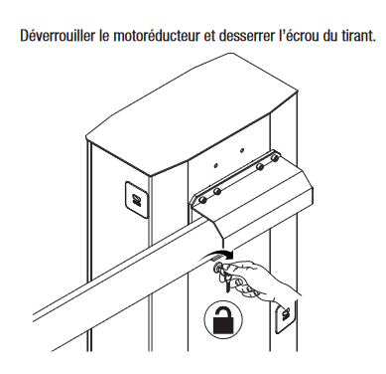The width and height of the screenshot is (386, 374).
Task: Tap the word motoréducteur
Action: click(x=149, y=35)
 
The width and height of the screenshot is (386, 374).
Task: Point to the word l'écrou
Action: click(x=298, y=35)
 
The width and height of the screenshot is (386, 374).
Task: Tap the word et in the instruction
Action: click(x=208, y=35)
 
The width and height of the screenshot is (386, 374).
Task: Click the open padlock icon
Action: click(x=223, y=319)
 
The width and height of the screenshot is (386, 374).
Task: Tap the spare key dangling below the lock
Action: click(x=228, y=282)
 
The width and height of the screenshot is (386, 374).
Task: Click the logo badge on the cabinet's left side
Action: click(x=136, y=199)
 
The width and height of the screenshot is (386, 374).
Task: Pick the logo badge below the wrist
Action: click(x=284, y=317)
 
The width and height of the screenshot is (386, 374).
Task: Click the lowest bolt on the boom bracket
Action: click(x=202, y=201)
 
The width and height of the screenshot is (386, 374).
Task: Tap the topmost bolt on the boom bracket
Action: click(x=274, y=158)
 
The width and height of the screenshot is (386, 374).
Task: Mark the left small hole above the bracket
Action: click(x=215, y=165)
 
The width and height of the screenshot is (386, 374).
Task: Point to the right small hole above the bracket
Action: click(x=242, y=150)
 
